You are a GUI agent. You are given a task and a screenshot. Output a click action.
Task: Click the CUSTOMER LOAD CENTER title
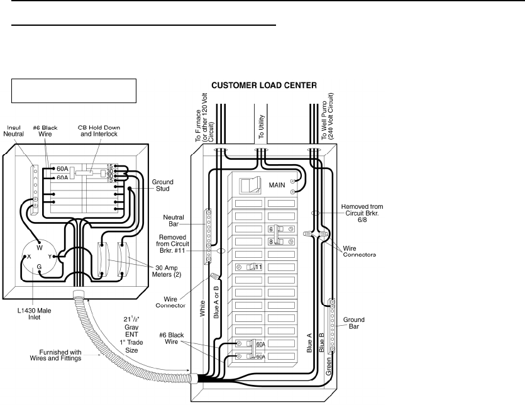[264, 86]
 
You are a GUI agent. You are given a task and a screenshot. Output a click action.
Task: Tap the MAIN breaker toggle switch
[250, 186]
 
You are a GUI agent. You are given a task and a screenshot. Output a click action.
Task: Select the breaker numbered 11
[249, 267]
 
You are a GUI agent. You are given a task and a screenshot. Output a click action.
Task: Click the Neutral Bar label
[174, 220]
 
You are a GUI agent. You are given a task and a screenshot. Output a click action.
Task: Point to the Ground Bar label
[353, 323]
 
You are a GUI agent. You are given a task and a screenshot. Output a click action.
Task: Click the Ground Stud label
[163, 186]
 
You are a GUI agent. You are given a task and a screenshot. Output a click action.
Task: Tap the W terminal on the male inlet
[40, 248]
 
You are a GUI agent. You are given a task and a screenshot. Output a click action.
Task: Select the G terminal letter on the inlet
[39, 267]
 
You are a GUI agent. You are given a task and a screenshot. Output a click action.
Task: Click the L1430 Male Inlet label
[34, 314]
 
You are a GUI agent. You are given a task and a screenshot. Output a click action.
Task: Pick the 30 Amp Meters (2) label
[167, 271]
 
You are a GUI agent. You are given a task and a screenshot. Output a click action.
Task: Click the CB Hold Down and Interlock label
[99, 131]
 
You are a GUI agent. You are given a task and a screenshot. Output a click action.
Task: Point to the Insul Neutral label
[14, 131]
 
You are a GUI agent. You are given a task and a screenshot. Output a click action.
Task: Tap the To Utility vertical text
[261, 126]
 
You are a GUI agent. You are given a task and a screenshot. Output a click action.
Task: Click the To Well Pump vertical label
[327, 116]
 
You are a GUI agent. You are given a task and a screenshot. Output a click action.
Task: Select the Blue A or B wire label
[216, 302]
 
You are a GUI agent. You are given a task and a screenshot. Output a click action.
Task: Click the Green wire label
[328, 366]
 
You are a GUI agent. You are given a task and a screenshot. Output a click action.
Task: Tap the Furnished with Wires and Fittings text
[55, 355]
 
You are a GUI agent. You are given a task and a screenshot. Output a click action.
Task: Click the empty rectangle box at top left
[74, 91]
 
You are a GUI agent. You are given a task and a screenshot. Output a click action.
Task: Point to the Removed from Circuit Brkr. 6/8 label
[362, 213]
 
